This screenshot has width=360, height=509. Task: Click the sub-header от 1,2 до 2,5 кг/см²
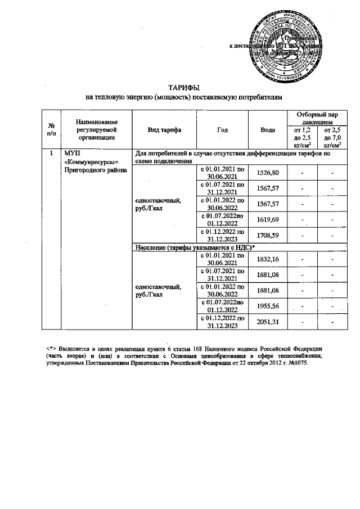click(x=303, y=138)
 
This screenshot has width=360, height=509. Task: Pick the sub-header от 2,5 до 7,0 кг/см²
click(x=331, y=138)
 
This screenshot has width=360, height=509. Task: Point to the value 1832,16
click(x=268, y=259)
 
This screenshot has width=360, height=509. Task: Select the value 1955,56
click(x=268, y=305)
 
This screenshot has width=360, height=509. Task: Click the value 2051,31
click(x=268, y=321)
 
